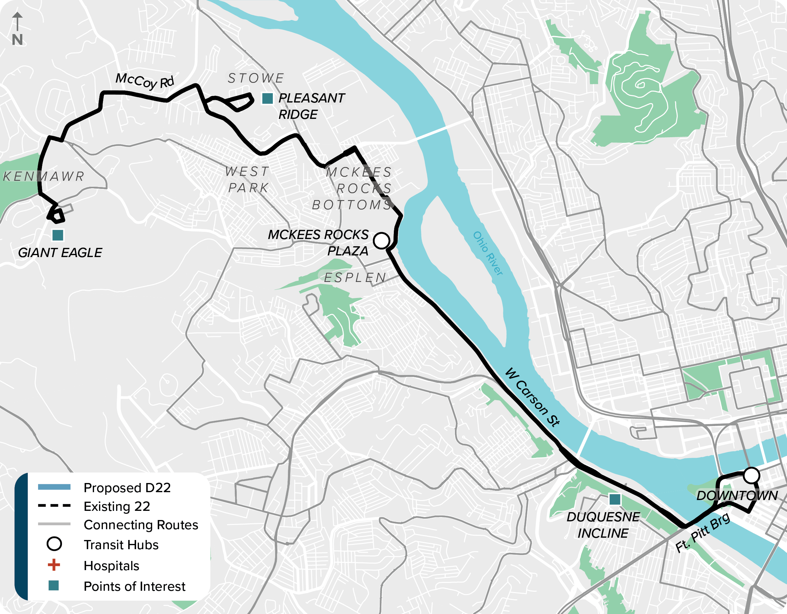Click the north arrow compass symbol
point(17,29)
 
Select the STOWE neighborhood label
point(256,78)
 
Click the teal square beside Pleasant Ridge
point(267,98)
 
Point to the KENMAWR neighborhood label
point(44,177)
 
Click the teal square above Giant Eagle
point(58,235)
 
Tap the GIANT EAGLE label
point(60,253)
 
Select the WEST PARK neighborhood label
point(248,179)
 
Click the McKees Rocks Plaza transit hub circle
point(381,240)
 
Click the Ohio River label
point(488,254)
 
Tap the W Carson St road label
point(533,397)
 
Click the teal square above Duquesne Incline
point(615,499)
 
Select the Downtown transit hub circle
point(751,475)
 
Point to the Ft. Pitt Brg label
point(702,532)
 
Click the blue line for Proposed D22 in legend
point(54,487)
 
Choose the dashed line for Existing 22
point(54,506)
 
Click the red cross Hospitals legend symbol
point(54,565)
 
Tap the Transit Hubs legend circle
point(54,544)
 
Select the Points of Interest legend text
point(134,586)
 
